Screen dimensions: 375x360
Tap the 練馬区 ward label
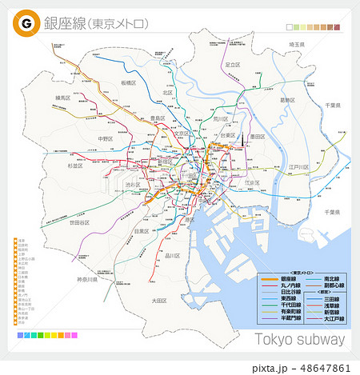coord(63,98)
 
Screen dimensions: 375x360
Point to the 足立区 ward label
coord(233,64)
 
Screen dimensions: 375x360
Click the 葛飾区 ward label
coord(288,100)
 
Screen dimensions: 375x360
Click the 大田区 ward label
coord(158,300)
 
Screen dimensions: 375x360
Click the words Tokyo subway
coord(299,339)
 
